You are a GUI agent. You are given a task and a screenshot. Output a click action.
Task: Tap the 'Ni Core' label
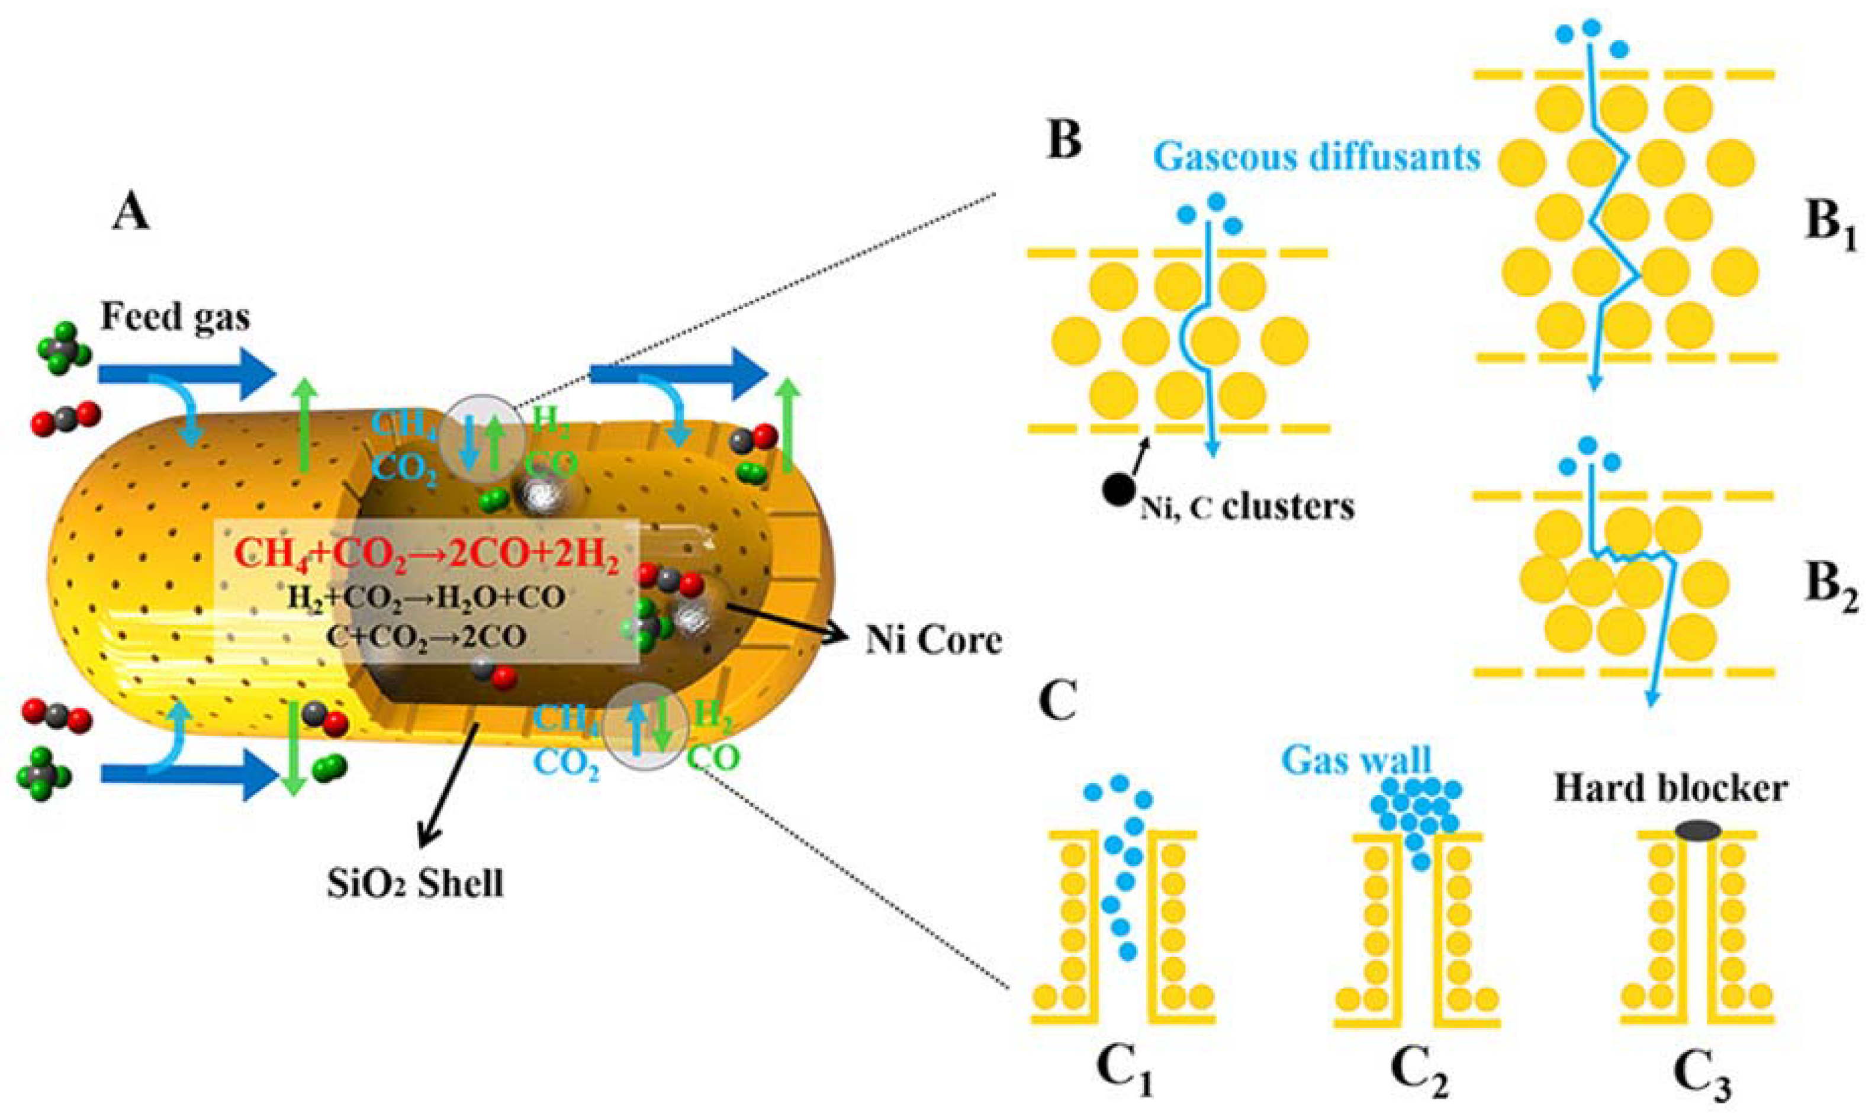pyautogui.click(x=934, y=640)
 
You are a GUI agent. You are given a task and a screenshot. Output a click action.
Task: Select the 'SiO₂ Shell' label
pyautogui.click(x=416, y=882)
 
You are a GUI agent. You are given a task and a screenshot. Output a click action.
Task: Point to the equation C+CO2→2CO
pyautogui.click(x=426, y=637)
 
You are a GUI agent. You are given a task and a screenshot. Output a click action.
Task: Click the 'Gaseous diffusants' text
pyautogui.click(x=1317, y=157)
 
